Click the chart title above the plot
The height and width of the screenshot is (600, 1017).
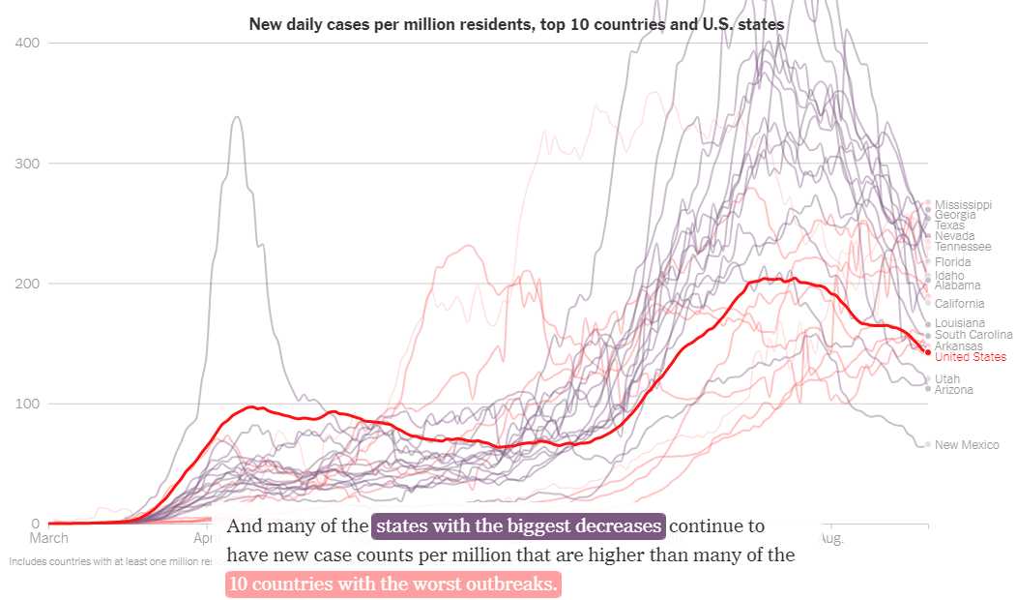click(516, 22)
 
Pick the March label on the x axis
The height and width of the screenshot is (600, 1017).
click(49, 538)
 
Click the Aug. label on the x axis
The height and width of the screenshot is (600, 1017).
click(830, 538)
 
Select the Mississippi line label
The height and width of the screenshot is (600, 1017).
click(963, 204)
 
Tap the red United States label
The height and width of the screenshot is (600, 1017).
click(970, 357)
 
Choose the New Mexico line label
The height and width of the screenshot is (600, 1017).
click(967, 445)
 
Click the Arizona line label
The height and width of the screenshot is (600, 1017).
click(954, 390)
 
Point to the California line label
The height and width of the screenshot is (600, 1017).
click(960, 304)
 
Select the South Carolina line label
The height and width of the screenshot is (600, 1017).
click(973, 335)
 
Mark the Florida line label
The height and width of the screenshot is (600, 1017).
click(953, 262)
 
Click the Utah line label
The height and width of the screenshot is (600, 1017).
click(947, 379)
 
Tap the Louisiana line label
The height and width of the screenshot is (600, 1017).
click(960, 323)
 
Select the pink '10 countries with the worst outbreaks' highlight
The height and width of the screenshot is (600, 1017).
click(392, 585)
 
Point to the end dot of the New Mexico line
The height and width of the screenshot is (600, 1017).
click(928, 445)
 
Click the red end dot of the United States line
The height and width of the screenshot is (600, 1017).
click(928, 352)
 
